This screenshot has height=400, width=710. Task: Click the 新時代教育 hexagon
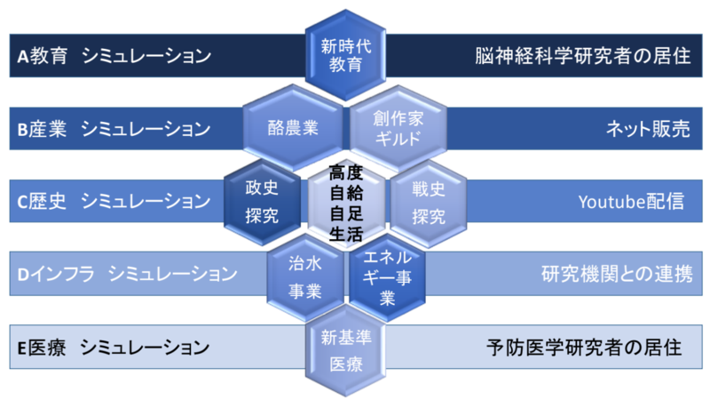point(345,55)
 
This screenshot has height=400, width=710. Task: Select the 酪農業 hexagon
point(293,128)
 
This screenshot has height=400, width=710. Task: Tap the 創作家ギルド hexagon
point(398,128)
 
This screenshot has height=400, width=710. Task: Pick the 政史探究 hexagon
point(262,202)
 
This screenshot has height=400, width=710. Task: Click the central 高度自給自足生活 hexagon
point(346,203)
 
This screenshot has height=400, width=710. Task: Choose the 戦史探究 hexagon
point(429,203)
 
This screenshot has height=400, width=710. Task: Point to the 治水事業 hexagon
point(305,276)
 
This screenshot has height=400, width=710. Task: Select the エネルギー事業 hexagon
point(387,277)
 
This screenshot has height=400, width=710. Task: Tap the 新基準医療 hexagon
point(346,350)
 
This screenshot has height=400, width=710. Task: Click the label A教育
point(43,56)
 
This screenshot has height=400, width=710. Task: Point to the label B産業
point(42,129)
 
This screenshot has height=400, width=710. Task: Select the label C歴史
point(42,202)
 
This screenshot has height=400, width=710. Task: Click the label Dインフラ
point(56,275)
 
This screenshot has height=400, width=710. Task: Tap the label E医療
point(42,348)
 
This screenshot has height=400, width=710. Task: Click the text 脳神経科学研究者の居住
point(583,56)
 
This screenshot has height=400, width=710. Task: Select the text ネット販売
point(648,129)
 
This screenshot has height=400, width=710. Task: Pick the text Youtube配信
point(631,202)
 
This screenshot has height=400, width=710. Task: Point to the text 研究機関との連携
point(617,275)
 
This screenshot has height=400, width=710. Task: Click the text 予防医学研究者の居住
point(584,348)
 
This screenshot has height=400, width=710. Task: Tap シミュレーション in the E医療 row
point(145,348)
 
